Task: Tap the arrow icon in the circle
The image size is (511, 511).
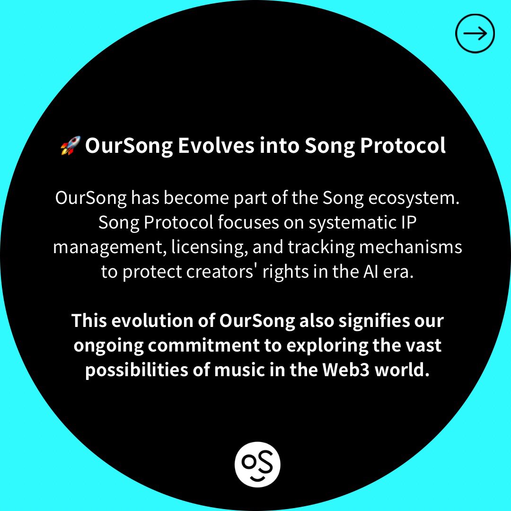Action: tap(475, 33)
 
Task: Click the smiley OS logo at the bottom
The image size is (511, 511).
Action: tap(257, 464)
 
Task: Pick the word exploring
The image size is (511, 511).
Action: tap(324, 346)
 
